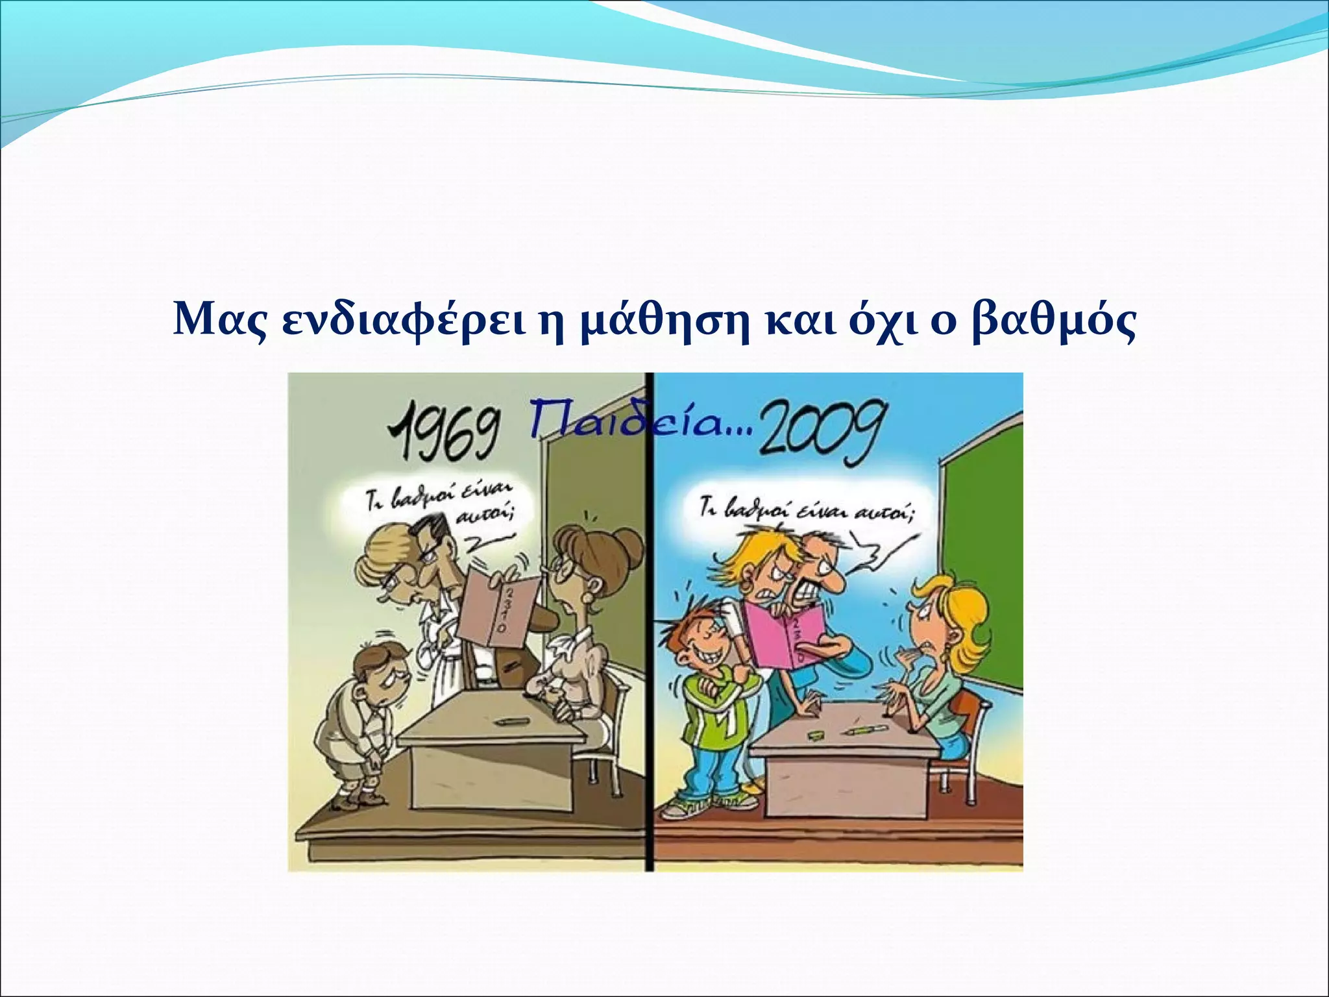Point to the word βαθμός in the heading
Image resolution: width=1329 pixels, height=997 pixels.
point(1053,321)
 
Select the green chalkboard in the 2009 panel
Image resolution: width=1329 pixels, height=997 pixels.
point(980,558)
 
